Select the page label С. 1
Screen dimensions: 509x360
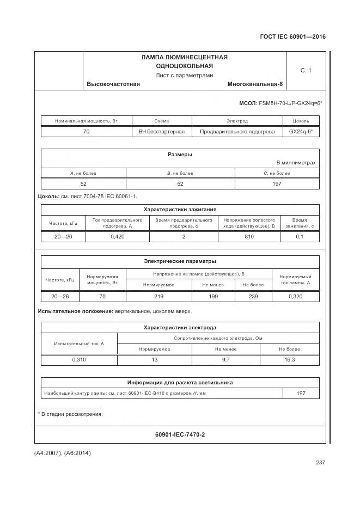[306, 70]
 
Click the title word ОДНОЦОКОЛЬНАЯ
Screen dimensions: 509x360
[184, 66]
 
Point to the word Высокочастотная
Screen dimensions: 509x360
[113, 84]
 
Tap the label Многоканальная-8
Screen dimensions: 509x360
[255, 84]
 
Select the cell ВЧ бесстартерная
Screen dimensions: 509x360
[162, 132]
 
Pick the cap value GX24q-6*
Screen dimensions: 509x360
[301, 132]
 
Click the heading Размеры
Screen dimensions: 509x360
[180, 155]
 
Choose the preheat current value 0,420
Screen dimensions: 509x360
[118, 237]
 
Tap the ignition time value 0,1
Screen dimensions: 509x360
[300, 237]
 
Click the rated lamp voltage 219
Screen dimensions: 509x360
[159, 296]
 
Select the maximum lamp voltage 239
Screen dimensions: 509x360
[253, 296]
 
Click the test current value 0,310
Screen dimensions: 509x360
[79, 360]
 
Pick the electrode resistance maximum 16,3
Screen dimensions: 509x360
[290, 360]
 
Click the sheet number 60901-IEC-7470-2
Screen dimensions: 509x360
[180, 434]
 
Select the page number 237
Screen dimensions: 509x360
[320, 463]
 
